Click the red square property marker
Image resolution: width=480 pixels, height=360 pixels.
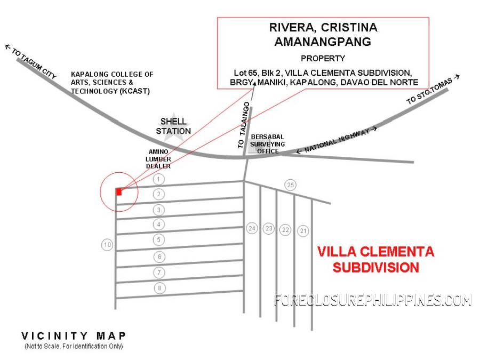tap(119, 191)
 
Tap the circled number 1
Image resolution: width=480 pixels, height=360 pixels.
tap(158, 179)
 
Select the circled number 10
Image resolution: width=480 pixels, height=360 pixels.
tap(107, 245)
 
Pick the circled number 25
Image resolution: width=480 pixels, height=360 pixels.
tap(290, 185)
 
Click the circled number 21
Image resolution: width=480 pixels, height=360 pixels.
tap(303, 231)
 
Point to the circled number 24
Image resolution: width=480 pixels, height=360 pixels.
tap(252, 228)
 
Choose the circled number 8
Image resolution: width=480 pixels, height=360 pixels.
tap(159, 288)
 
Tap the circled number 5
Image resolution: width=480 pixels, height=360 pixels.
tap(158, 239)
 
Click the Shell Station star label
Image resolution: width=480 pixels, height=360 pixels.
tap(173, 126)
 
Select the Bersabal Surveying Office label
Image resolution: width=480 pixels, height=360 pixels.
tap(267, 144)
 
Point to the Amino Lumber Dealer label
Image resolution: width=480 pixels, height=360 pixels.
tap(158, 159)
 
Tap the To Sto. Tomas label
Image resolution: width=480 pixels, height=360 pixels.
tap(433, 90)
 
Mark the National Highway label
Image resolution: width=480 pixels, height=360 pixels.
tap(337, 140)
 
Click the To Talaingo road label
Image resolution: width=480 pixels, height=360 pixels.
tap(244, 125)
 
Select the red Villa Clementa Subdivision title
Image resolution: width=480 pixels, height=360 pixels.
tap(375, 260)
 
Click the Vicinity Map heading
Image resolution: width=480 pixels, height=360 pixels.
tap(74, 336)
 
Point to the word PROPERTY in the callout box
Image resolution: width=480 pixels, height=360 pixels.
tap(323, 58)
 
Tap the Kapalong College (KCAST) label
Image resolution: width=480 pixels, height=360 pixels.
tap(112, 83)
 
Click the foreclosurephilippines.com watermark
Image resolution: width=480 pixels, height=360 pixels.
tap(373, 300)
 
